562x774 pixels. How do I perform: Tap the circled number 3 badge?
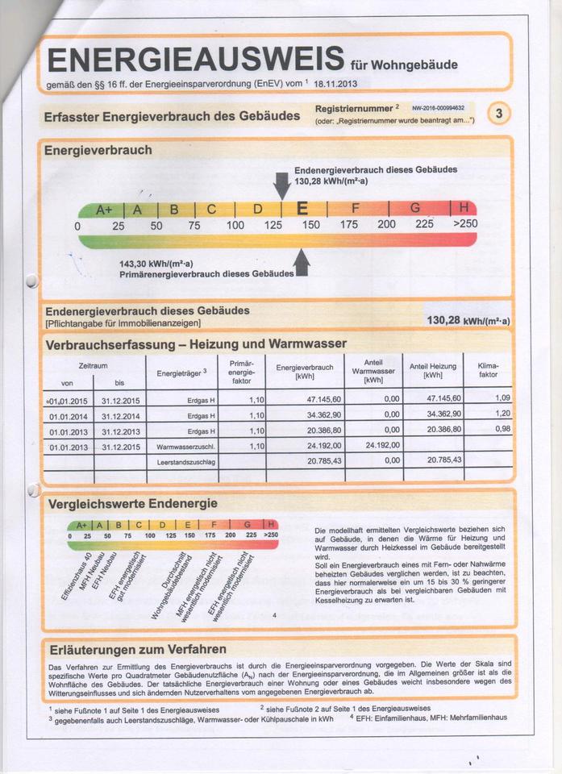pos(499,114)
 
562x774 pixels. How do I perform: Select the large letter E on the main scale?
pos(302,209)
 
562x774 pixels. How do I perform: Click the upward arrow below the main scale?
pos(302,261)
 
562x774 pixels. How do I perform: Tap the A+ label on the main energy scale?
pos(105,210)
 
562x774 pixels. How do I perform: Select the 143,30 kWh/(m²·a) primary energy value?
pos(156,264)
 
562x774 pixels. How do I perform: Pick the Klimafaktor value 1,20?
pos(502,414)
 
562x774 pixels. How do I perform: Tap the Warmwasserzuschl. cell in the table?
pos(186,446)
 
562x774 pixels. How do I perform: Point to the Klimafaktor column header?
pos(488,371)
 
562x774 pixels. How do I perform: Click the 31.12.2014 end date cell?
pos(121,415)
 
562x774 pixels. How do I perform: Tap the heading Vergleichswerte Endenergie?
pos(132,504)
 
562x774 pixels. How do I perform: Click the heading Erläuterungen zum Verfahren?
pos(138,649)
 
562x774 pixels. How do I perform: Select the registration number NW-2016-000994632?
pos(437,107)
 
